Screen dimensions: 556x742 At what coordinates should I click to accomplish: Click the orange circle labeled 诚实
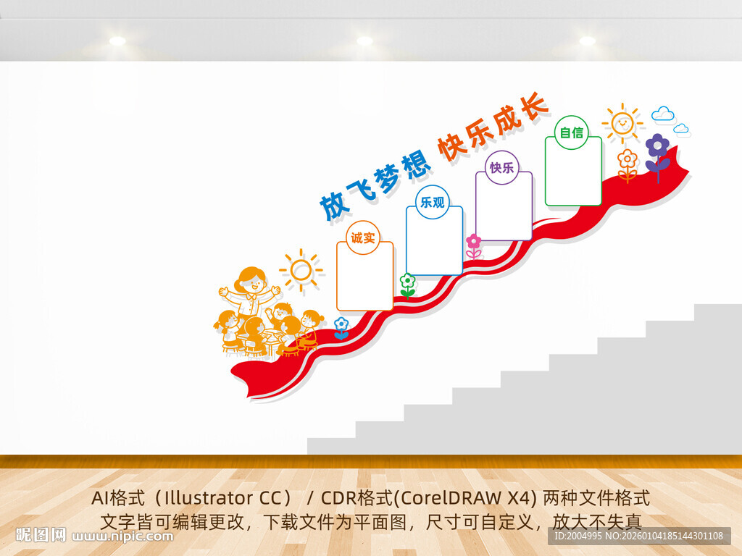363,237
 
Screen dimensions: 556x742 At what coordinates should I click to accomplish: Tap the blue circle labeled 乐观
433,202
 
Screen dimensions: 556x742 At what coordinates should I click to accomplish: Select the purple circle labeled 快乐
501,167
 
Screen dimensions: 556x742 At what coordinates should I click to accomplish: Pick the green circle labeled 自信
572,132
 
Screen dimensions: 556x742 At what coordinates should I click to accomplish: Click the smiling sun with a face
622,123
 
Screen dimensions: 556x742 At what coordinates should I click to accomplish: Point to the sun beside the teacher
301,270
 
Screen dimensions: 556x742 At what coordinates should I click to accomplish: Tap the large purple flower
657,147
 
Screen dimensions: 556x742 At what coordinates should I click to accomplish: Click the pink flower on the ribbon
474,242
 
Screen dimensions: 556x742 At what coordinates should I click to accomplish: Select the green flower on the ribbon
408,281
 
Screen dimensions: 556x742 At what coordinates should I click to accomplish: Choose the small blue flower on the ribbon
341,324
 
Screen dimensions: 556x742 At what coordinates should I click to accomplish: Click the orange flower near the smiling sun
628,159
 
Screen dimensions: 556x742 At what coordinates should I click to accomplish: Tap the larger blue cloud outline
662,114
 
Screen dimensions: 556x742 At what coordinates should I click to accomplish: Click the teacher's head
251,280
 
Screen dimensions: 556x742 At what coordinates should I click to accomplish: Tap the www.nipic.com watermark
123,536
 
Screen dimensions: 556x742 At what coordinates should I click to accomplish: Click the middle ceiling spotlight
364,41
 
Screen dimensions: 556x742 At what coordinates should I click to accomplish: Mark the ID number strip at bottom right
638,536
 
